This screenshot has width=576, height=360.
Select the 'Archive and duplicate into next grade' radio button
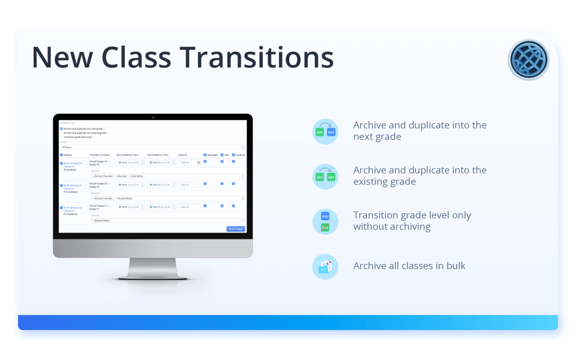click(x=61, y=129)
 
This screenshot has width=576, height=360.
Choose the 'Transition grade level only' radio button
click(x=61, y=137)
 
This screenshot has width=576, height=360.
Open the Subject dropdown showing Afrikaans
click(x=152, y=147)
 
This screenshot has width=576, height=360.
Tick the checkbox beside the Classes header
click(x=61, y=155)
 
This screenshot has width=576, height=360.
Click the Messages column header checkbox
click(x=205, y=155)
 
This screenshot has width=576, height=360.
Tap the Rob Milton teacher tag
click(x=137, y=176)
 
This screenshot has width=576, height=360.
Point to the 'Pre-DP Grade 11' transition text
click(x=100, y=205)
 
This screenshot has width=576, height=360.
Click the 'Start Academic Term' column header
click(x=127, y=155)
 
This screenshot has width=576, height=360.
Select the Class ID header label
click(x=182, y=155)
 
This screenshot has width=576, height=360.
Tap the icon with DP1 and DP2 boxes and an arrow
click(x=325, y=132)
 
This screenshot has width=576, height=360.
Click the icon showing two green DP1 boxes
click(x=325, y=177)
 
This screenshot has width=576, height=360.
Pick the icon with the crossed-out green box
click(x=325, y=221)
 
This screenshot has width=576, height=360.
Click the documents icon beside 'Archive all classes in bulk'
click(x=325, y=266)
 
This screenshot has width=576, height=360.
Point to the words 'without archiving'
click(x=391, y=227)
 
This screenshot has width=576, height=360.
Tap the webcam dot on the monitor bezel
click(x=153, y=117)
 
